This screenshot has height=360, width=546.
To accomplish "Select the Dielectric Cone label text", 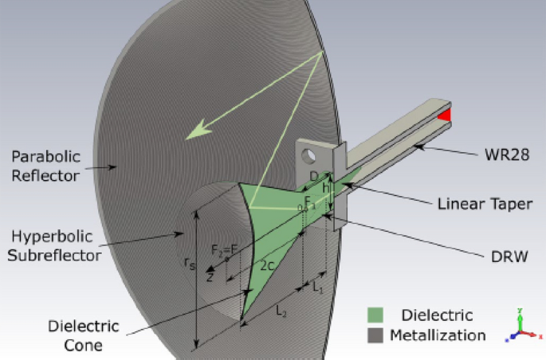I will click(x=84, y=335).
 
